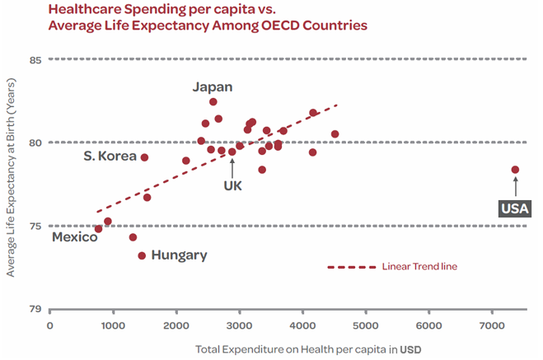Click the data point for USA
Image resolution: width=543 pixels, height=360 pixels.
pyautogui.click(x=515, y=170)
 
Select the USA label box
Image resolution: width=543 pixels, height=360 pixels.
pyautogui.click(x=514, y=208)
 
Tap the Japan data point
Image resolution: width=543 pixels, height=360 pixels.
pyautogui.click(x=213, y=102)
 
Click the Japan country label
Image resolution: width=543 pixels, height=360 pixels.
pyautogui.click(x=213, y=86)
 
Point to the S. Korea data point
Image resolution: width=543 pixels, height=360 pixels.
pyautogui.click(x=144, y=157)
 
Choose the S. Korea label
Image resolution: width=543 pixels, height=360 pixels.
pyautogui.click(x=110, y=157)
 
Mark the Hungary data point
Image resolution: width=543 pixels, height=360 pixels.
pyautogui.click(x=142, y=255)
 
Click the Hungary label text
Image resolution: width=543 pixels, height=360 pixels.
pyautogui.click(x=180, y=255)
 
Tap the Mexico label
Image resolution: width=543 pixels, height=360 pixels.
pyautogui.click(x=74, y=237)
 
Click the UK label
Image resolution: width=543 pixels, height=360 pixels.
pyautogui.click(x=232, y=185)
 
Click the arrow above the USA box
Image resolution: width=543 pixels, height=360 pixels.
pyautogui.click(x=515, y=187)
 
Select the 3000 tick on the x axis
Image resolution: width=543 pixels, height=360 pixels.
pyautogui.click(x=240, y=326)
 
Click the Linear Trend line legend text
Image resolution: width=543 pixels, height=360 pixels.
pyautogui.click(x=419, y=267)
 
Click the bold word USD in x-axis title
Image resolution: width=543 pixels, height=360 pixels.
pyautogui.click(x=411, y=349)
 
